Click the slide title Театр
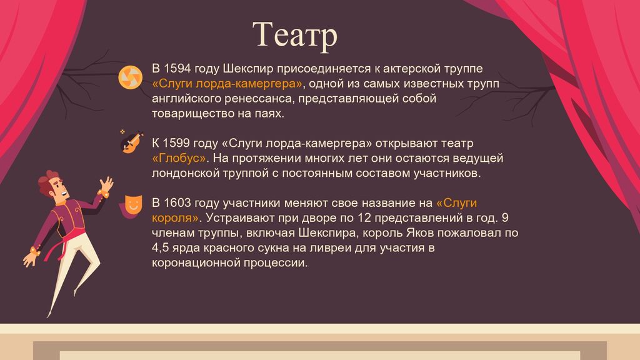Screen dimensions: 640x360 pos(295,35)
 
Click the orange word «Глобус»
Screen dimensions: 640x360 pos(179,158)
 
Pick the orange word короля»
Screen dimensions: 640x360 pos(175,217)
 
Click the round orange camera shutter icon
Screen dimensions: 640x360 pos(131,77)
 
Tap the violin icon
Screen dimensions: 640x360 pos(131,142)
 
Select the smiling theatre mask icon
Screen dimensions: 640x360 pos(131,206)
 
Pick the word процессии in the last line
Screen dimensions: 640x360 pos(276,262)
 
